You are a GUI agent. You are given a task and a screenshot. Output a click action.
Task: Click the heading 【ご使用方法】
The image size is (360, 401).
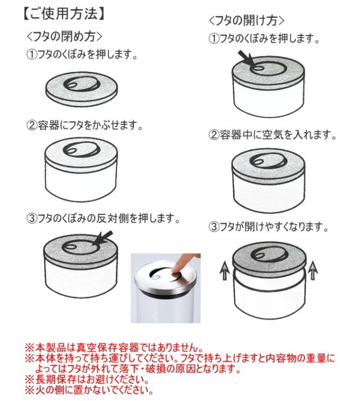coord(64,13)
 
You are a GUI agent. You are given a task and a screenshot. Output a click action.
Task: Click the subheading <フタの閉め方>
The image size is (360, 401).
coord(65,36)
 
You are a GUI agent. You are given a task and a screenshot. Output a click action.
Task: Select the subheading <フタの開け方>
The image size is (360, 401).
coord(246,20)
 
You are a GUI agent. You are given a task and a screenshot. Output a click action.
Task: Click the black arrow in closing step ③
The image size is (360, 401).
coord(105,237)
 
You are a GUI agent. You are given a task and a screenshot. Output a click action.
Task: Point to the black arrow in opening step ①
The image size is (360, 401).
coord(246,58)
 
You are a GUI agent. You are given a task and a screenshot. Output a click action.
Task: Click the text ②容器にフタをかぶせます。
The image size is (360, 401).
coord(84,125)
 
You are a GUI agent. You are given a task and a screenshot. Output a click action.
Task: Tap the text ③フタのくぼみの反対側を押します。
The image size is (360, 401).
coord(103,218)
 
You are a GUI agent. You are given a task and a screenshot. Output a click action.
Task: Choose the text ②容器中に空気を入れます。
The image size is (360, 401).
coord(272,135)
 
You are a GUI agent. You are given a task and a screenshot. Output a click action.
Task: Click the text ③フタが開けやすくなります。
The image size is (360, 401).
coord(268,227)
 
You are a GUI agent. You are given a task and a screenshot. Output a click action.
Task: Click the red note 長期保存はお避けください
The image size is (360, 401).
coord(87,379)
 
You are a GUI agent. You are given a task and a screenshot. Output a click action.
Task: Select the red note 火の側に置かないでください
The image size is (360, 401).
coord(89,390)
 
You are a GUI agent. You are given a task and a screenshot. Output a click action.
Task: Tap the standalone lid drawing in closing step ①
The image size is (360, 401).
coord(82,89)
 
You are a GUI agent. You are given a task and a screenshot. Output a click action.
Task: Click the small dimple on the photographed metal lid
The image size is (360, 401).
coord(156,277)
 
